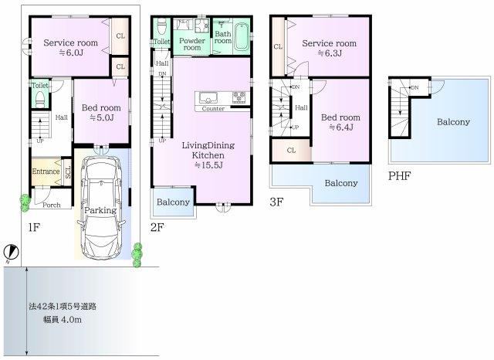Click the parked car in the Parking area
pyautogui.click(x=101, y=208)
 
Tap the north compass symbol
pyautogui.click(x=12, y=252)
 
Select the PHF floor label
pyautogui.click(x=399, y=176)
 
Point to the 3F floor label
pyautogui.click(x=276, y=202)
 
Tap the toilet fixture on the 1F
pyautogui.click(x=39, y=100)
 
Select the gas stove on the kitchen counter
pyautogui.click(x=239, y=97)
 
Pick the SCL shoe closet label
pyautogui.click(x=67, y=172)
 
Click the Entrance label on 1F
pyautogui.click(x=46, y=172)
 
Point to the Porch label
pyautogui.click(x=52, y=205)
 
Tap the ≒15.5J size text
pyautogui.click(x=208, y=165)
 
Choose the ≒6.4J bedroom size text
pyautogui.click(x=340, y=127)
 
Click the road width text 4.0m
pyautogui.click(x=71, y=320)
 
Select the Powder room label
pyautogui.click(x=192, y=44)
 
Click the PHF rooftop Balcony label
pyautogui.click(x=453, y=122)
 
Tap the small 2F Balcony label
pyautogui.click(x=173, y=202)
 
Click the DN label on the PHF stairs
pyautogui.click(x=415, y=87)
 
